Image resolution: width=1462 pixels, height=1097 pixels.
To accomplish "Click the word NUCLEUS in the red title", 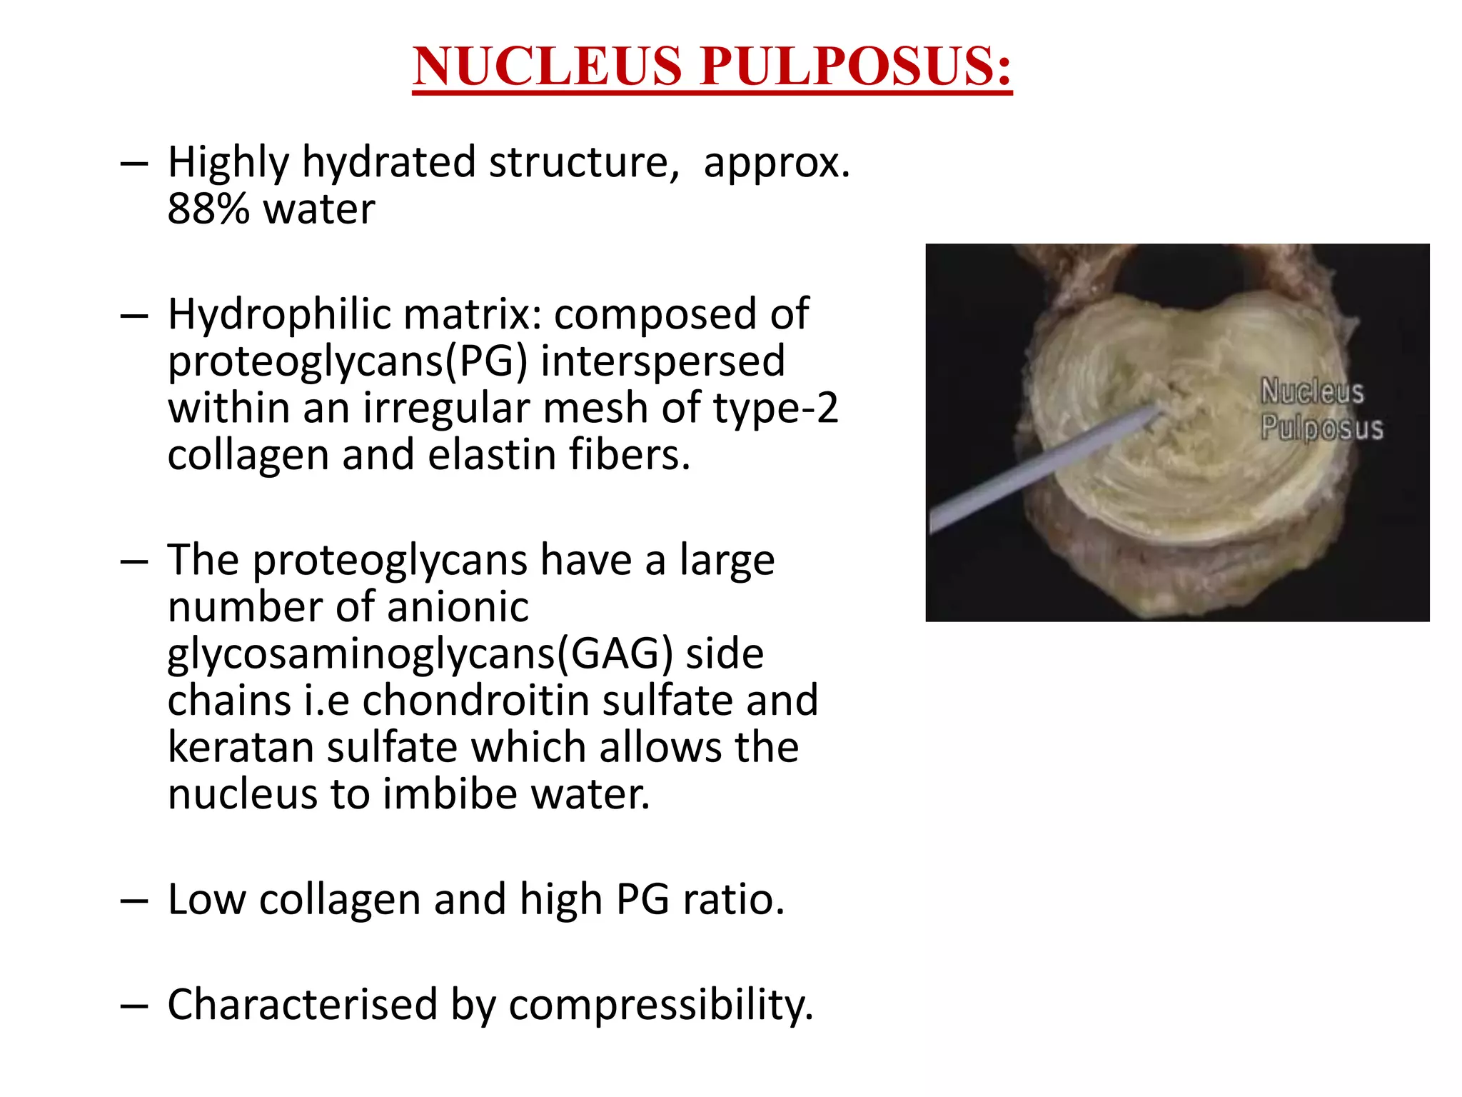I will [547, 66].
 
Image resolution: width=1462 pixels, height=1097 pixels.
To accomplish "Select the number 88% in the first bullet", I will [208, 209].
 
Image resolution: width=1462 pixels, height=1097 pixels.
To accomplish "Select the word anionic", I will [458, 607].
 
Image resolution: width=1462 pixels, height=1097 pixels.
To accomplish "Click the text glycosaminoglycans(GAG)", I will [420, 654].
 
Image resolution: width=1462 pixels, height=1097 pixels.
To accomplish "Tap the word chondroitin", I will [475, 701].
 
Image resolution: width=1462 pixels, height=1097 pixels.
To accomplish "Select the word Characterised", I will [302, 1004].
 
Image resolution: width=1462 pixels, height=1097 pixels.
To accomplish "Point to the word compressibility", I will [660, 1006].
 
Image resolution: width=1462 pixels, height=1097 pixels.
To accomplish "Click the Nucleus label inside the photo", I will [1311, 391].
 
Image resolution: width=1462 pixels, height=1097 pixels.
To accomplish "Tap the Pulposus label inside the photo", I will [1321, 428].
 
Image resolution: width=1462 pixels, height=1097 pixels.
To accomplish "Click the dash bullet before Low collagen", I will [134, 901].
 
